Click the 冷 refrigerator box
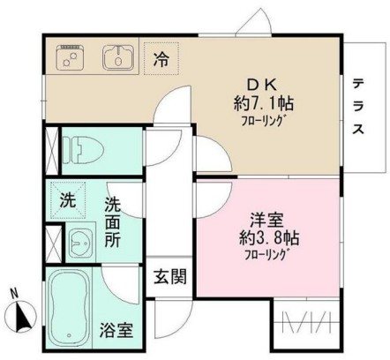click(x=161, y=59)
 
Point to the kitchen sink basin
click(x=116, y=58)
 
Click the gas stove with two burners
click(x=69, y=58)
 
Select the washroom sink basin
click(x=81, y=241)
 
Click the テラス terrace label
click(x=359, y=107)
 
